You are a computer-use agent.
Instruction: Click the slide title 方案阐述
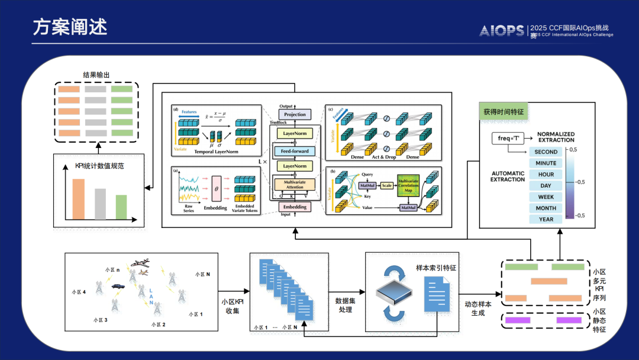click(x=70, y=28)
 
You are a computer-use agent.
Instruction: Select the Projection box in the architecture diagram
click(x=295, y=114)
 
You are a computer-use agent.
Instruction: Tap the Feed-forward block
click(x=295, y=152)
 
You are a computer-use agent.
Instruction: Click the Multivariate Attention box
click(x=295, y=184)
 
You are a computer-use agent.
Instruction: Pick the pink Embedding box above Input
click(x=295, y=207)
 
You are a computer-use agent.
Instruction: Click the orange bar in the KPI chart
click(x=79, y=199)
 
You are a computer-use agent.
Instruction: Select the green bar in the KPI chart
click(x=121, y=207)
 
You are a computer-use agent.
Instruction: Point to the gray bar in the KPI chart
click(x=100, y=204)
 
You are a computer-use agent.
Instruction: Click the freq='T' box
click(x=508, y=139)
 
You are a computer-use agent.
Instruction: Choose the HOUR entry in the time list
click(x=546, y=175)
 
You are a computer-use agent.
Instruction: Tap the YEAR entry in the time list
click(x=546, y=220)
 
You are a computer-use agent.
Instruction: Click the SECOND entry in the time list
click(x=546, y=152)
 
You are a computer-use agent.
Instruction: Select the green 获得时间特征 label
click(x=503, y=111)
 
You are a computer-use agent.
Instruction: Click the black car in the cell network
click(x=118, y=286)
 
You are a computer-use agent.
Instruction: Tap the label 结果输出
click(x=96, y=75)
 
